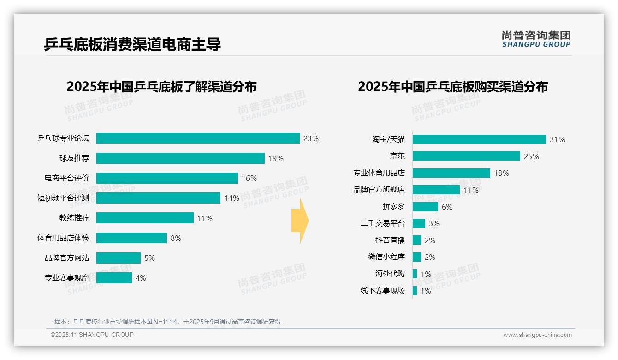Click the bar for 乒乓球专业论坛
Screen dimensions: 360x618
click(x=198, y=138)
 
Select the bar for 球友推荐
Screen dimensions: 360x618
click(x=180, y=158)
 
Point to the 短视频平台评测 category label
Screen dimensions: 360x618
click(x=63, y=198)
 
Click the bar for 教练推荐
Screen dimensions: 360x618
click(x=145, y=218)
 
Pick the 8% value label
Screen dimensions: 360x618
click(x=176, y=239)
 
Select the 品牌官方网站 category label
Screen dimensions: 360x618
click(x=67, y=258)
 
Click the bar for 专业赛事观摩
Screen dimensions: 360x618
click(x=114, y=278)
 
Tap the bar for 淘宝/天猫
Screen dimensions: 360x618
click(x=479, y=139)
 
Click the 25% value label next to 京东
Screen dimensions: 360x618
click(x=531, y=156)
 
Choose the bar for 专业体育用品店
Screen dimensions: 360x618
click(x=451, y=173)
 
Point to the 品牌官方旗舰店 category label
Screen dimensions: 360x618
click(x=379, y=190)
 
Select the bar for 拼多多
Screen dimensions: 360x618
click(x=425, y=207)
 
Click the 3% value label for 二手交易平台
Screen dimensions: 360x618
click(x=434, y=224)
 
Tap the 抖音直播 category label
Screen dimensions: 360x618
click(x=390, y=240)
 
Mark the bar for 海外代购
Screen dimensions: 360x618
click(x=415, y=274)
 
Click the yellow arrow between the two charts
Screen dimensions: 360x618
click(x=300, y=221)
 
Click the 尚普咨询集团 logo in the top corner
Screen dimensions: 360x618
click(x=536, y=39)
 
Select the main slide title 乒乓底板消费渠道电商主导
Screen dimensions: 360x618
click(x=132, y=44)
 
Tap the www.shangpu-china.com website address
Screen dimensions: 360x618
click(x=537, y=335)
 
